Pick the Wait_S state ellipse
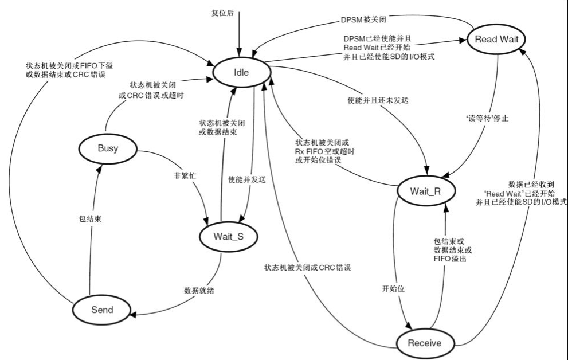229,235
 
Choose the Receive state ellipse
424,343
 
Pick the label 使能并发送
247,179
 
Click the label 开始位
394,289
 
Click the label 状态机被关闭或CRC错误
307,268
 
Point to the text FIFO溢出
451,260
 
